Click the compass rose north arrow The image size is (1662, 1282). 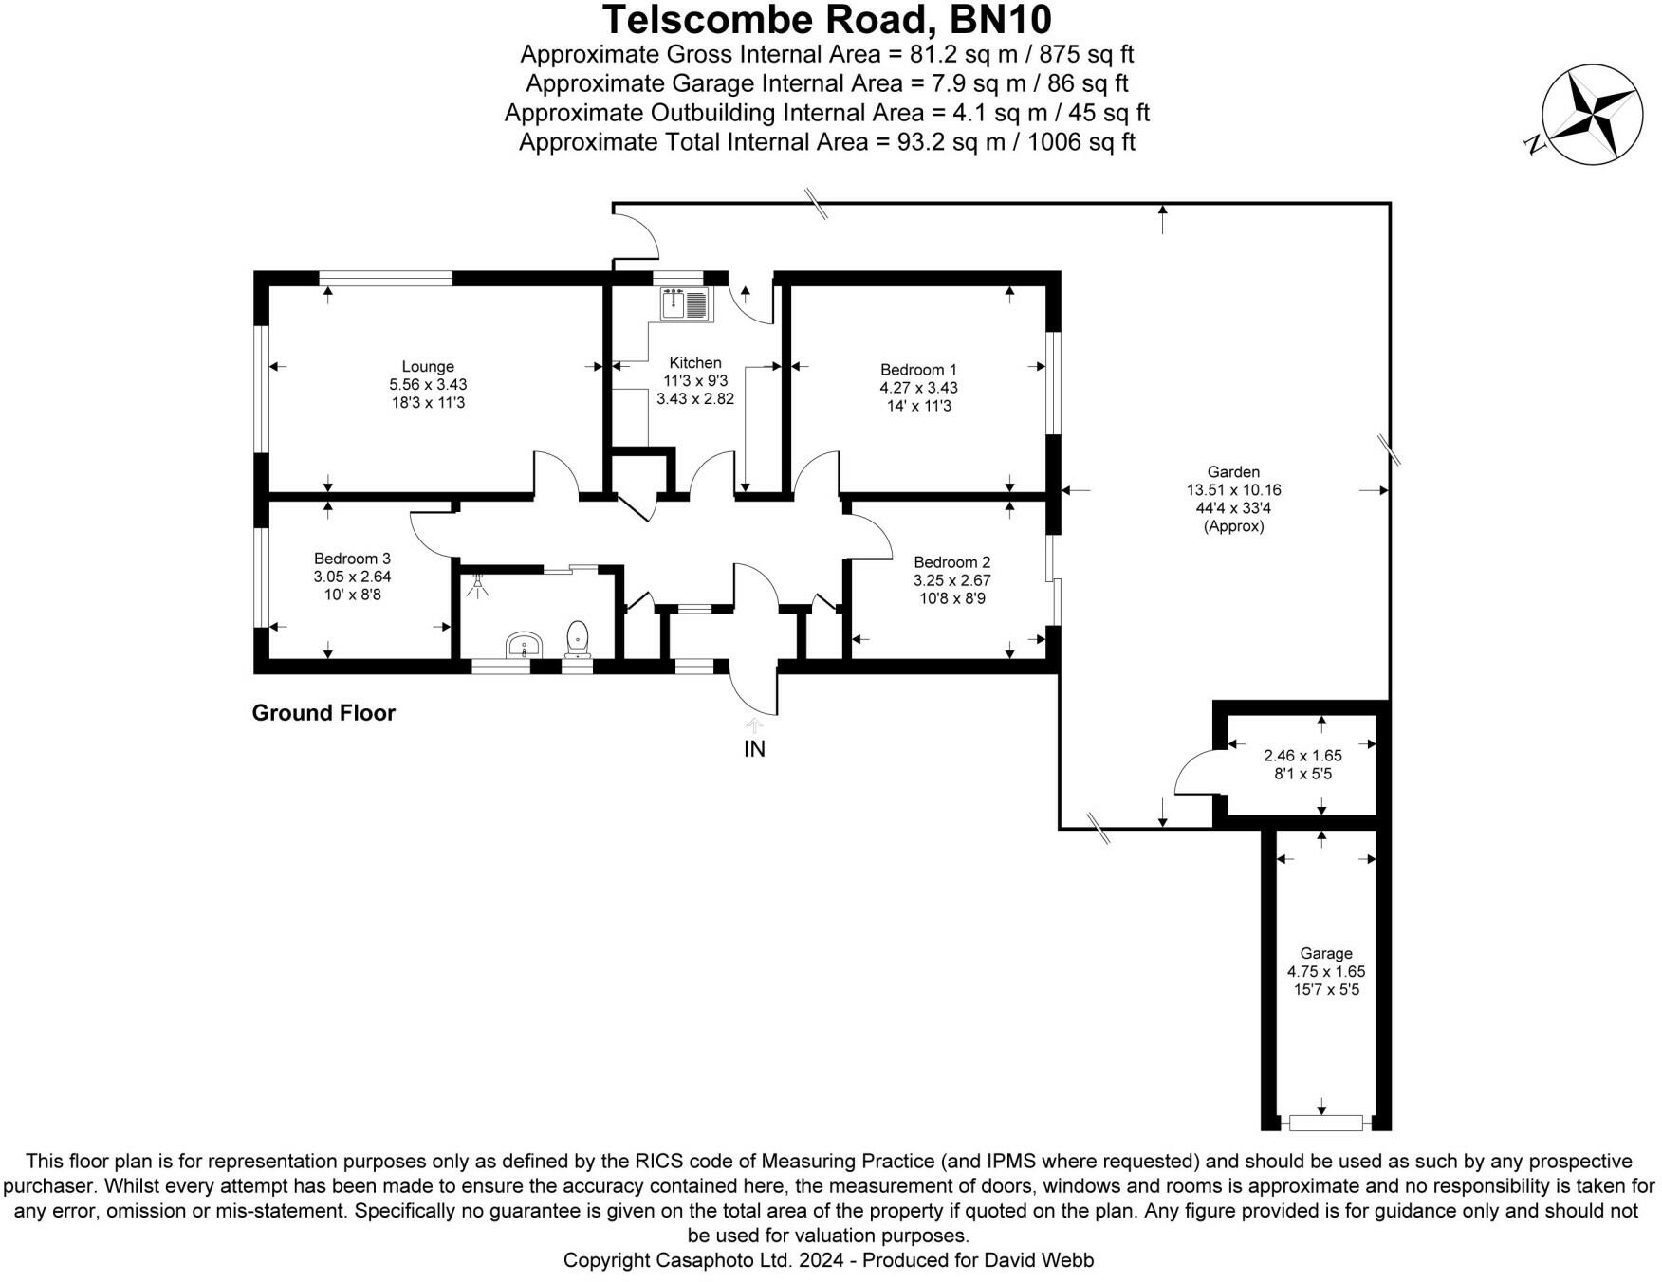point(1592,115)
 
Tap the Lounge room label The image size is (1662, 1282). point(428,366)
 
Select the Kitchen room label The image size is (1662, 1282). point(695,362)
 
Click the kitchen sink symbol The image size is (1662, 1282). point(685,303)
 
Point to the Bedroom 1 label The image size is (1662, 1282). point(918,370)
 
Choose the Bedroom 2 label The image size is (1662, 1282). point(952,562)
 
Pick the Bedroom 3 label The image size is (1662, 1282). point(352,559)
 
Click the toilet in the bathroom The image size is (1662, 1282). point(578,639)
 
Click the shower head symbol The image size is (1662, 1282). point(478,584)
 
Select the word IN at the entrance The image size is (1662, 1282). point(754,749)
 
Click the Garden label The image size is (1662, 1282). point(1233,472)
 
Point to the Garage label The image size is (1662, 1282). point(1326,954)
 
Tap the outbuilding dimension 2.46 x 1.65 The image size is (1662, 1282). point(1302,756)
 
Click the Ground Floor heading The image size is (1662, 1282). point(323,713)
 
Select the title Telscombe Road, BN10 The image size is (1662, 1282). point(827,20)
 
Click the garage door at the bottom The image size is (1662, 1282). point(1326,1123)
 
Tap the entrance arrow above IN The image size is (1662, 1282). point(754,726)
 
